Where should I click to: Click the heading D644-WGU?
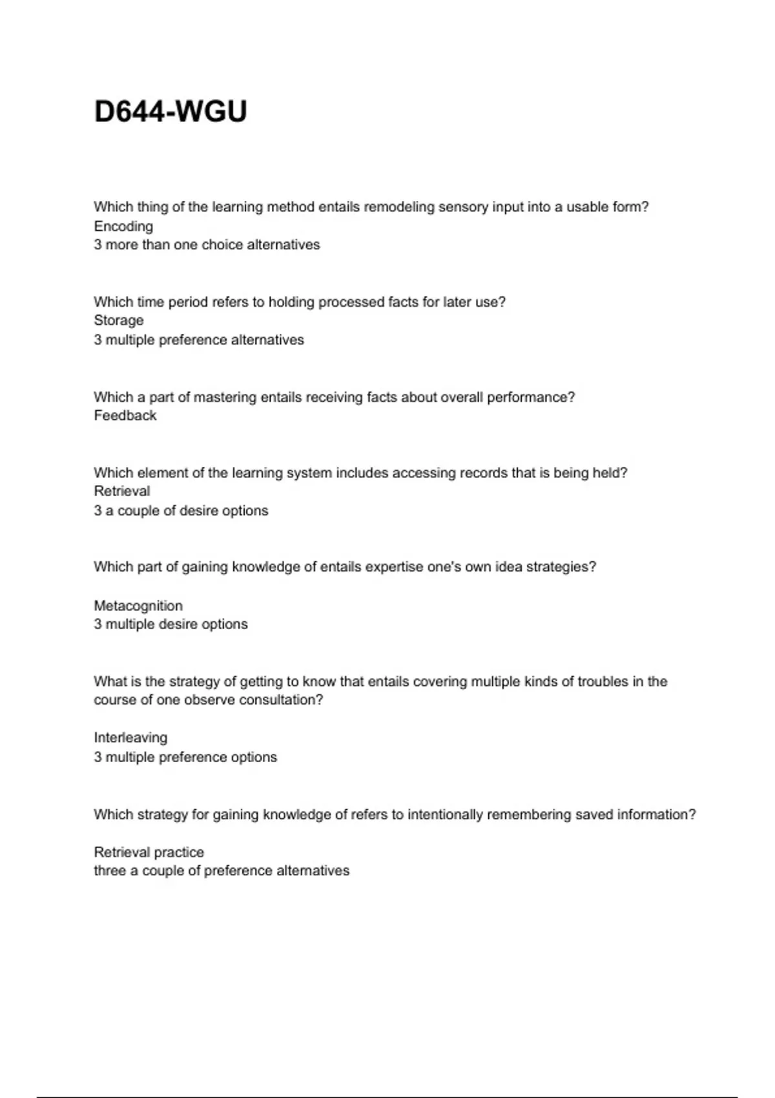(x=170, y=112)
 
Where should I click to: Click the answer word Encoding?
(x=123, y=226)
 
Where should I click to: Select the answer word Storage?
(x=119, y=320)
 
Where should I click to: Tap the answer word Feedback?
(x=125, y=415)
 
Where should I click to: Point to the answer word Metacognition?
(x=138, y=606)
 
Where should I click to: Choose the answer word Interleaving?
(x=130, y=738)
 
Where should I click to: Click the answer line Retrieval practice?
(x=149, y=852)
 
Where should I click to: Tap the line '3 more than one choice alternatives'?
(x=207, y=245)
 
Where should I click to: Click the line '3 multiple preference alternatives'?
(x=199, y=340)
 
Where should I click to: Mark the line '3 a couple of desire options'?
(x=181, y=510)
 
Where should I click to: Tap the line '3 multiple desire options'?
(x=170, y=624)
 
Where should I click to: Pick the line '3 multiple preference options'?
(x=185, y=757)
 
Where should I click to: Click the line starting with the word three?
(x=222, y=871)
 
